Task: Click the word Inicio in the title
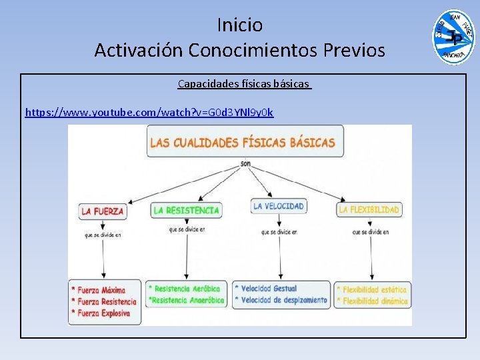(240, 25)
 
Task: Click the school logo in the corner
(453, 37)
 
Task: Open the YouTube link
(149, 112)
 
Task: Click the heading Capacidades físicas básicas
(244, 84)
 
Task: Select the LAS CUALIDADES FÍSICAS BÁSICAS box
(242, 142)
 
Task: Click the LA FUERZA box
(103, 211)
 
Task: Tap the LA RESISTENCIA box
(186, 210)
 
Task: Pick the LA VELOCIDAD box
(279, 206)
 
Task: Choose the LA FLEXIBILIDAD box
(369, 209)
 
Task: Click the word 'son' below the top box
(245, 163)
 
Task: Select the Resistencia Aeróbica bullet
(186, 289)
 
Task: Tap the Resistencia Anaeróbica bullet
(187, 300)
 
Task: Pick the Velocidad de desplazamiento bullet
(283, 300)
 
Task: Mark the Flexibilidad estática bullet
(372, 289)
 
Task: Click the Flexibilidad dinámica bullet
(372, 301)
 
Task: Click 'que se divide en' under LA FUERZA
(103, 235)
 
